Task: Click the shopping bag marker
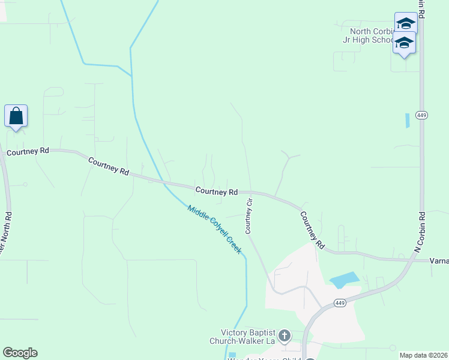pyautogui.click(x=16, y=116)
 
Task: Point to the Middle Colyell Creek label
pyautogui.click(x=215, y=230)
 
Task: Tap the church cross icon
pyautogui.click(x=285, y=335)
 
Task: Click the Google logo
pyautogui.click(x=20, y=353)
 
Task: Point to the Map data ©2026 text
pyautogui.click(x=423, y=355)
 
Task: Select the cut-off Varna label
pyautogui.click(x=439, y=261)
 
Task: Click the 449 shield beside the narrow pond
pyautogui.click(x=421, y=116)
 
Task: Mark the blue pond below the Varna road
pyautogui.click(x=345, y=280)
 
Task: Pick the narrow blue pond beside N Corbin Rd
pyautogui.click(x=408, y=120)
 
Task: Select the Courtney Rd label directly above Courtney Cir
pyautogui.click(x=216, y=191)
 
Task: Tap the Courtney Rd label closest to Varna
pyautogui.click(x=312, y=230)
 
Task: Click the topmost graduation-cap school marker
pyautogui.click(x=406, y=23)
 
